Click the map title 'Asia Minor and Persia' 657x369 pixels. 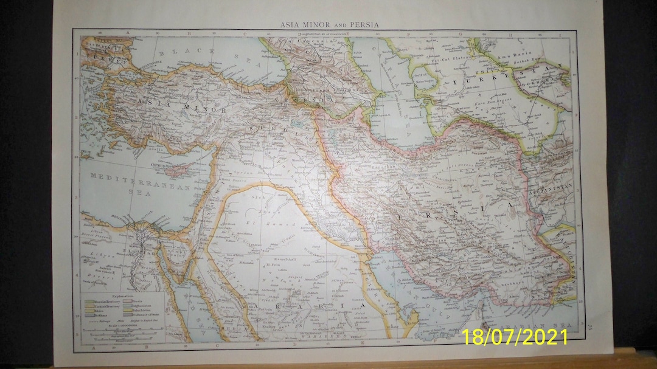(328, 25)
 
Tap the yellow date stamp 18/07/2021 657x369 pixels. (514, 337)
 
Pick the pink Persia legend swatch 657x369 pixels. (128, 300)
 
